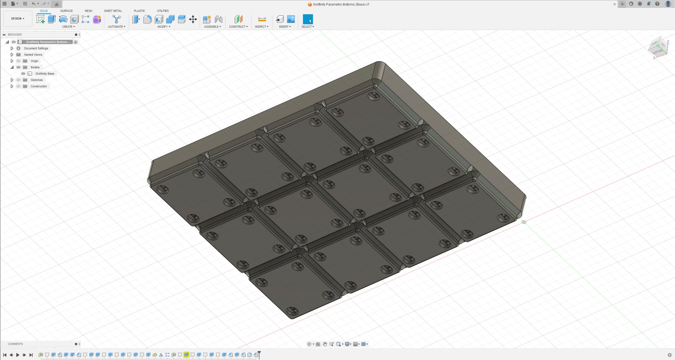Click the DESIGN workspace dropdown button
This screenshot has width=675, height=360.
[17, 18]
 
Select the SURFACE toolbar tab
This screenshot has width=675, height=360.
[66, 11]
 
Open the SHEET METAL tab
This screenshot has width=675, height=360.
[113, 11]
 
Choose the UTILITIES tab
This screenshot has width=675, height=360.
[162, 11]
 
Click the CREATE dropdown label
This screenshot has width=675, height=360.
[68, 27]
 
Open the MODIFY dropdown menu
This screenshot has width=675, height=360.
[163, 27]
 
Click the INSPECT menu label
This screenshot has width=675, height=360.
[261, 27]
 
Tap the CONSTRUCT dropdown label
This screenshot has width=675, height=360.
[238, 27]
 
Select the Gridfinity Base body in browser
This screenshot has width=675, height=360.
[45, 74]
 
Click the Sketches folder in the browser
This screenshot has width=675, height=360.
[37, 80]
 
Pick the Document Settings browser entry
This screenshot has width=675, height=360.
[36, 48]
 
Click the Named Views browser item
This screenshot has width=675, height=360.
[33, 55]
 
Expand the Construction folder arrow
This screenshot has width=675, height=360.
[12, 86]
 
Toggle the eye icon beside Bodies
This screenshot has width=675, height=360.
[18, 67]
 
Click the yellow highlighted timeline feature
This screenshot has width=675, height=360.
[186, 355]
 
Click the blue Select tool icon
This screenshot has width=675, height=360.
[308, 19]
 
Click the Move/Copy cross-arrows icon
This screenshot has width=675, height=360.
[193, 19]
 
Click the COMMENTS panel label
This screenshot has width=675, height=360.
[15, 344]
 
